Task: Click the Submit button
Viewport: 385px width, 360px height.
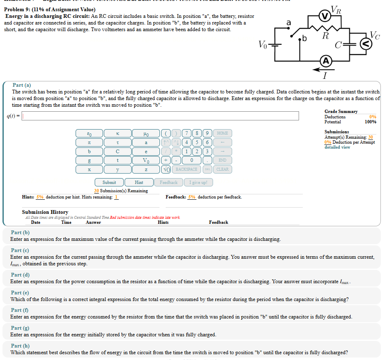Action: tap(109, 182)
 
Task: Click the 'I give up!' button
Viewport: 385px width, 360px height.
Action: tap(198, 182)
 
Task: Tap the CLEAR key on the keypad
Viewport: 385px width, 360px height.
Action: tap(222, 169)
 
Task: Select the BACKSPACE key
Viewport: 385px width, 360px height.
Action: tap(186, 169)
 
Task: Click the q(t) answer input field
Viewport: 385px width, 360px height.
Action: tap(160, 116)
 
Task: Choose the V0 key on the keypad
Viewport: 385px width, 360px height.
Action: tap(146, 160)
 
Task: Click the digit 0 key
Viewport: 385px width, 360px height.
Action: tap(191, 160)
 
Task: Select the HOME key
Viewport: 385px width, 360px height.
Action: tap(222, 133)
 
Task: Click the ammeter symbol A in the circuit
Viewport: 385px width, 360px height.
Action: tap(326, 61)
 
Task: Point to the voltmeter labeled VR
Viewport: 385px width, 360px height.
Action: tap(324, 17)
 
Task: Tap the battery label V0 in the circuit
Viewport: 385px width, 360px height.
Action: tap(263, 44)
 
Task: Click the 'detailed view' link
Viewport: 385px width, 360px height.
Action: tap(337, 147)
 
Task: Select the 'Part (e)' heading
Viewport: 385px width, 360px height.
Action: tap(20, 292)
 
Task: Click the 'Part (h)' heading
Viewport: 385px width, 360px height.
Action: tap(20, 345)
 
